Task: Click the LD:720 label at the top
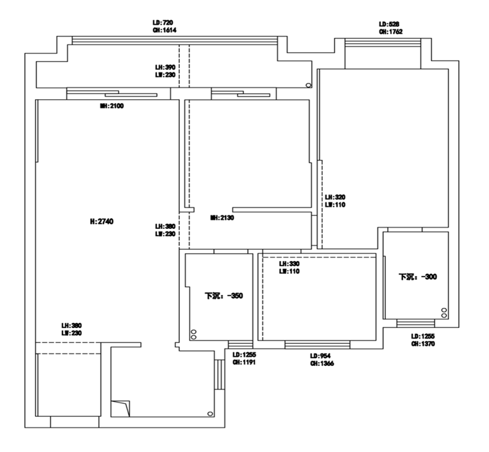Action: coord(164,22)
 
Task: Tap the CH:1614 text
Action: coord(165,30)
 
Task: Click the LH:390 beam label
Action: coord(165,67)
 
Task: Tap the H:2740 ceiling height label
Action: coord(102,222)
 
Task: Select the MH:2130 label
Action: coord(222,218)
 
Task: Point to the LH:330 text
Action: coord(289,264)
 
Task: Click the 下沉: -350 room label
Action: coord(224,295)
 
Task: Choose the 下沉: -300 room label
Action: coord(418,277)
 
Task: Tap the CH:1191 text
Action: coord(243,362)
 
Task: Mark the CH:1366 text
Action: coord(321,364)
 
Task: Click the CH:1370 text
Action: coord(423,344)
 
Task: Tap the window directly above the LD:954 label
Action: coord(318,344)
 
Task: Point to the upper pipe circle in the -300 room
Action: coord(444,310)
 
